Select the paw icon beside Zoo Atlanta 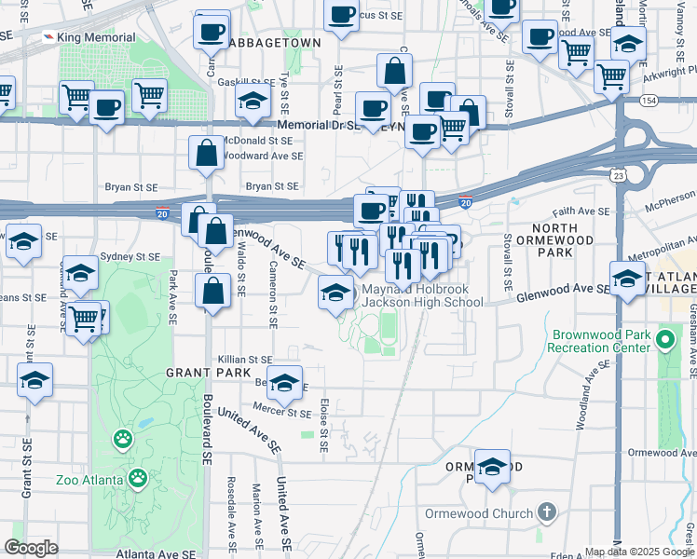click(x=137, y=479)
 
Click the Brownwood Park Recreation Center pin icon click(x=663, y=339)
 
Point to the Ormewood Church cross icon click(x=546, y=512)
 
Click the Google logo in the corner click(x=31, y=547)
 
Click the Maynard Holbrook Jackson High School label click(x=421, y=295)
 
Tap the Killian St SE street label click(x=244, y=359)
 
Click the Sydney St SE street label click(x=130, y=256)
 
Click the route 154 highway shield click(x=649, y=100)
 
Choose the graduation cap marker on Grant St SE click(x=35, y=381)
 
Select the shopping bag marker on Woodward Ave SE click(x=205, y=152)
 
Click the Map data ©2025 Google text click(x=640, y=552)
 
